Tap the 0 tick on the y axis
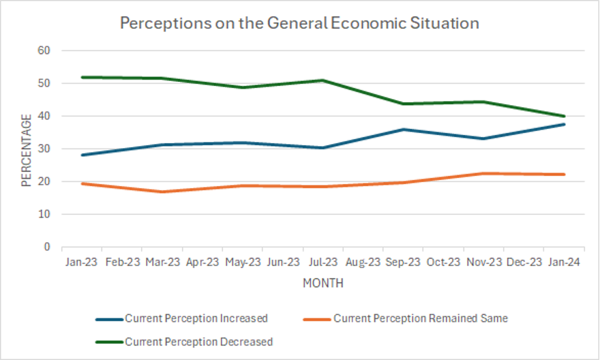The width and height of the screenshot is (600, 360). click(48, 247)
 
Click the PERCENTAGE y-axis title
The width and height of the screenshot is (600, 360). click(27, 151)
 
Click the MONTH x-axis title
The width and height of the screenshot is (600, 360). click(323, 283)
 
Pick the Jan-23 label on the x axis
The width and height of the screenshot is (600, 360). click(82, 262)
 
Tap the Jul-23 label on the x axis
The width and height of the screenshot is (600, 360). click(323, 262)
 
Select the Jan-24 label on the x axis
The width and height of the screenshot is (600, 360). click(564, 262)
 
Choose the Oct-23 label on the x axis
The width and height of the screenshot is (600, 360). click(443, 262)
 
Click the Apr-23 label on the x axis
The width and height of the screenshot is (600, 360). click(202, 262)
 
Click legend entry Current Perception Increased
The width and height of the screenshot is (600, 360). click(196, 318)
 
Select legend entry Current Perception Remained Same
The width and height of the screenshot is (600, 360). click(420, 318)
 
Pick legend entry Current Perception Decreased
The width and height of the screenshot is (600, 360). click(198, 342)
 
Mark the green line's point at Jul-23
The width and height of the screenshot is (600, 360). click(323, 80)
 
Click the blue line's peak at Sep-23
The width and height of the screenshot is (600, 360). click(404, 129)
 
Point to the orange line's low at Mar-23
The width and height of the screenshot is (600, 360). click(162, 192)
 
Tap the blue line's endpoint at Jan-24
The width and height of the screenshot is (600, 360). click(564, 124)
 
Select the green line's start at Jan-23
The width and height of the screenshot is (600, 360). click(82, 77)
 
